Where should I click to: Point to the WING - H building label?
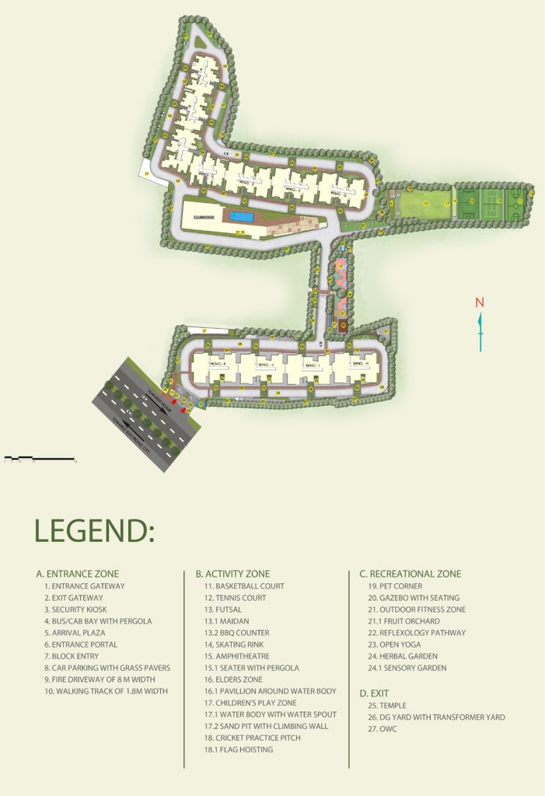[360, 364]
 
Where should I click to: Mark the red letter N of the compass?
[480, 302]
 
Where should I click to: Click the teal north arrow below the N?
[480, 330]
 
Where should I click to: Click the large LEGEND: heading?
[94, 531]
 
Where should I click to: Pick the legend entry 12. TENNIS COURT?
[235, 598]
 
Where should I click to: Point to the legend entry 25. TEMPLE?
[386, 706]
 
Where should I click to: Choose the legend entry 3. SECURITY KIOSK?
[79, 609]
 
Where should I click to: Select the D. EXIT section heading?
[375, 693]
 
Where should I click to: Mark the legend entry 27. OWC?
[383, 729]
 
